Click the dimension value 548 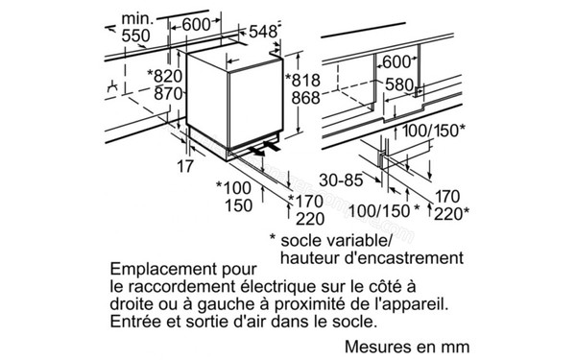coord(262,31)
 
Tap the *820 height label coord(162,76)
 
